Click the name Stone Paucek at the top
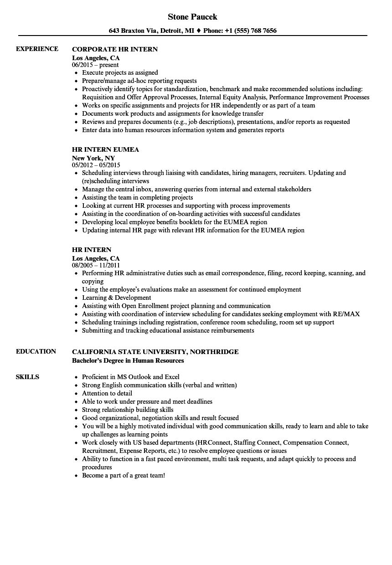coord(192,17)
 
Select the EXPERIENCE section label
coord(37,49)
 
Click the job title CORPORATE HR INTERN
coord(115,49)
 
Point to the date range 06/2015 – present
coord(95,65)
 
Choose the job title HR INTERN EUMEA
coord(105,149)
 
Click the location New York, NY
coord(93,158)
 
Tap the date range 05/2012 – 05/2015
coord(96,165)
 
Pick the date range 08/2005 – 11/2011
coord(96,265)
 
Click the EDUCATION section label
coord(36,351)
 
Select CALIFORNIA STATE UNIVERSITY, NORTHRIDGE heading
coord(155,352)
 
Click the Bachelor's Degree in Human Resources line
coord(128,360)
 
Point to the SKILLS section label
coord(27,377)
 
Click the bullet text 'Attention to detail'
coord(107,393)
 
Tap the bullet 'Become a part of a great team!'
coord(124,475)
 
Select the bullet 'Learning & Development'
coord(116,298)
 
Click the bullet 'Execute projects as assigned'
coord(120,72)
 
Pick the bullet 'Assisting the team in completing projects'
coord(137,197)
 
